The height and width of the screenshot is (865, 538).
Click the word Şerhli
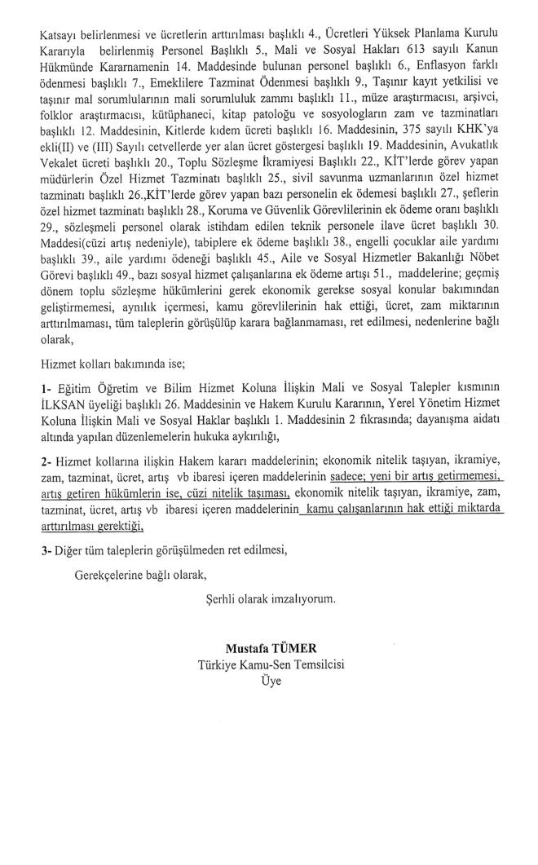click(224, 599)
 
